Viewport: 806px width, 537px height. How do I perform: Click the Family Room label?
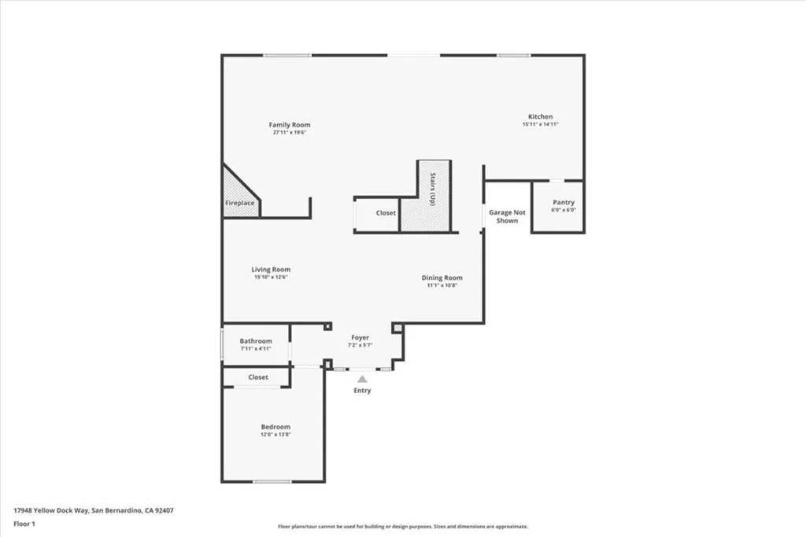[x=289, y=124]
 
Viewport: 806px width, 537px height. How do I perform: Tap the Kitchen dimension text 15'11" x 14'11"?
[x=540, y=124]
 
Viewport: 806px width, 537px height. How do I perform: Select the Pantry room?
[x=558, y=207]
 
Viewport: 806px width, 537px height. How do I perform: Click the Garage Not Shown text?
[x=507, y=216]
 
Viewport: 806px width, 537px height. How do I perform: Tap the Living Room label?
[x=271, y=270]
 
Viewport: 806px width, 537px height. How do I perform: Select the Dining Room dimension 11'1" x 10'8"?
[x=442, y=285]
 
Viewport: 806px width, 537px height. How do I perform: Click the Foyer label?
[x=360, y=337]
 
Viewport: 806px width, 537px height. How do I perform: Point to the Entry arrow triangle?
[x=362, y=379]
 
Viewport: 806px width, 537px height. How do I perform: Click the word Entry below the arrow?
[x=362, y=391]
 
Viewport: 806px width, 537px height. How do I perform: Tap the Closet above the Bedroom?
[x=257, y=377]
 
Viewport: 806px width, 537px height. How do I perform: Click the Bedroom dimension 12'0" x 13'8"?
[x=275, y=435]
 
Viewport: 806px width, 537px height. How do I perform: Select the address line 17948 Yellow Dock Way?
[x=94, y=510]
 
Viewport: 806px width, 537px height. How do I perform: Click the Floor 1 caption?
[x=24, y=523]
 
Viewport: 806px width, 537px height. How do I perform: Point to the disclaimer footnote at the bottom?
[x=402, y=527]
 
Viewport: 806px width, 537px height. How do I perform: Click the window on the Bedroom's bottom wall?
[x=272, y=481]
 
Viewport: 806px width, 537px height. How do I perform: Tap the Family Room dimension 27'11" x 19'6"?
[x=289, y=133]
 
